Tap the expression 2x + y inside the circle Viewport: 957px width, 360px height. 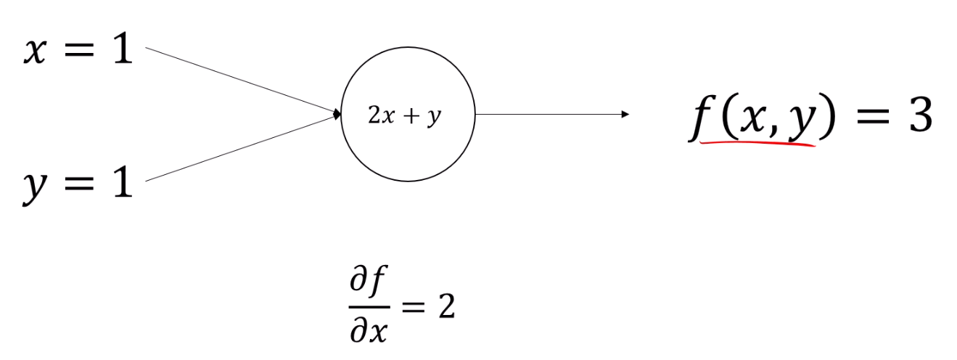coord(405,116)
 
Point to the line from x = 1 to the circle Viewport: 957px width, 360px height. coord(239,80)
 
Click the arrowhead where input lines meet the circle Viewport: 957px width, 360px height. coord(337,114)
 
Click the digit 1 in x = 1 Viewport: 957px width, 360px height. coord(122,52)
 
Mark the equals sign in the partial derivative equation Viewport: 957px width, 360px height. coord(411,308)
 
